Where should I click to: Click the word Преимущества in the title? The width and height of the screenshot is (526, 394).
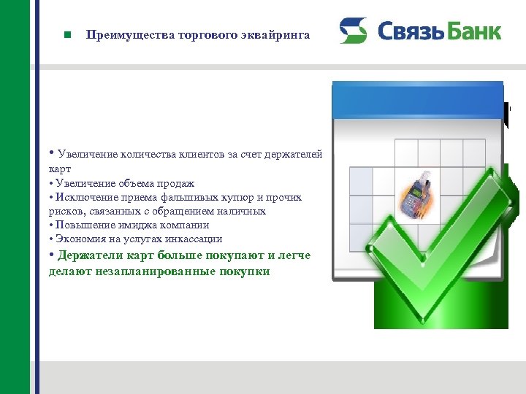(119, 34)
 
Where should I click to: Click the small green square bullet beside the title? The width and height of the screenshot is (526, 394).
(66, 34)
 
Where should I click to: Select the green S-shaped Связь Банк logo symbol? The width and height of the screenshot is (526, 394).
(353, 31)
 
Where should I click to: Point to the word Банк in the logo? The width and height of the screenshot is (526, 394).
(474, 31)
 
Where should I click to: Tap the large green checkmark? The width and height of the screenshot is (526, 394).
(438, 241)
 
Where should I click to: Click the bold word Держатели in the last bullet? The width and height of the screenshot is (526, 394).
(91, 255)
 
